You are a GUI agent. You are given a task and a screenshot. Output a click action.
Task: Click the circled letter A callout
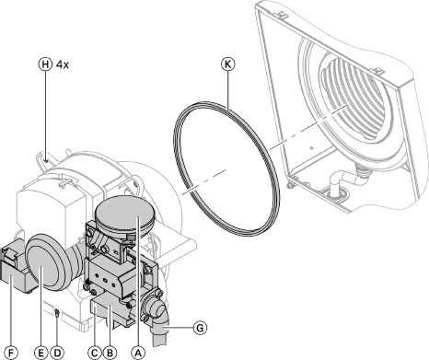138,353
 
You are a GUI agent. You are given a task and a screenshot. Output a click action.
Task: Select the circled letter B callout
110,353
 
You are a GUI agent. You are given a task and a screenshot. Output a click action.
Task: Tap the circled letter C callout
95,353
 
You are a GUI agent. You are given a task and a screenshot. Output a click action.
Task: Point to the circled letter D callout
57,353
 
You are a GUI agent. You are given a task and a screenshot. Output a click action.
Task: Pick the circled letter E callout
41,353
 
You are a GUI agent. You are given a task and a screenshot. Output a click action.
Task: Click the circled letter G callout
200,328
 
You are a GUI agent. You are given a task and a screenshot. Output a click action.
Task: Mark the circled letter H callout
45,64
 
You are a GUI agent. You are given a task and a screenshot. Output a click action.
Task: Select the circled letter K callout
228,64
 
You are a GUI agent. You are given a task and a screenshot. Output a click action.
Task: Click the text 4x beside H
63,64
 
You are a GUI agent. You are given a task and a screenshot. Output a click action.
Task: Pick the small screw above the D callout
57,312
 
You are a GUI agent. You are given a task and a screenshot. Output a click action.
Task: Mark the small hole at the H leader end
45,160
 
